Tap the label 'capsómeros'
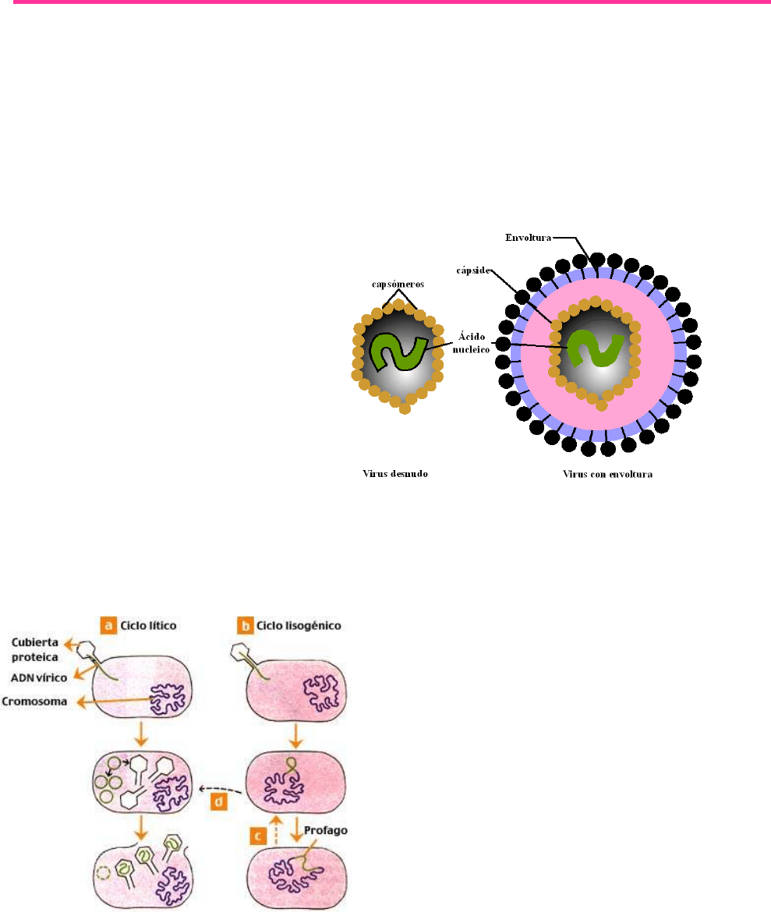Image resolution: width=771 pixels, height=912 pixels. click(x=398, y=285)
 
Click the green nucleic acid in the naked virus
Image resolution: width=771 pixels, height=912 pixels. click(x=398, y=352)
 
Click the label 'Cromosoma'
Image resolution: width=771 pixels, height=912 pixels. click(x=32, y=702)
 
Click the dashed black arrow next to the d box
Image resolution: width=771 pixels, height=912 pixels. click(x=223, y=789)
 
